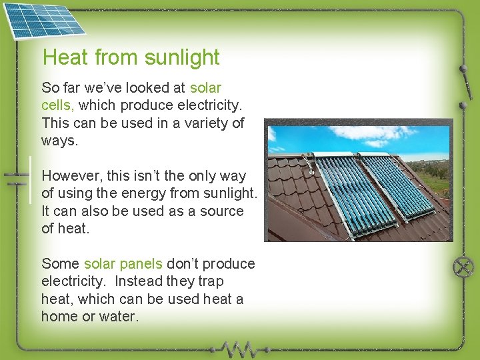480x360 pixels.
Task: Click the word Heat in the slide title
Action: click(x=65, y=58)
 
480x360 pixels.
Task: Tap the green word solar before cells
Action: click(x=205, y=88)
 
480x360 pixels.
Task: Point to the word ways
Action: click(x=59, y=141)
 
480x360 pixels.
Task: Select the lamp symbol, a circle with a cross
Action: click(x=463, y=268)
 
